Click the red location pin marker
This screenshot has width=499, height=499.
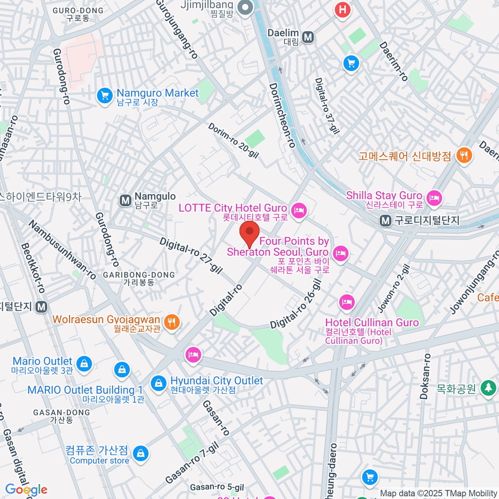(249, 233)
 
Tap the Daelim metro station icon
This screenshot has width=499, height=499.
(308, 37)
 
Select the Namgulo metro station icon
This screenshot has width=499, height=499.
(125, 200)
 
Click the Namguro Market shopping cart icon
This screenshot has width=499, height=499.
(104, 96)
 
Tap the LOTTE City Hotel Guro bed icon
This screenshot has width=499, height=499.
(299, 211)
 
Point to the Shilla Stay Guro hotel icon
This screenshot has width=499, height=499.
(434, 198)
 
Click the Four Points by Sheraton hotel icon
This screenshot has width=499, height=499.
(341, 253)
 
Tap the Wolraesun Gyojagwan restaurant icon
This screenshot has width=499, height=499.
(171, 322)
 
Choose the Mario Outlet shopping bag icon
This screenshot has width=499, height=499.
(84, 363)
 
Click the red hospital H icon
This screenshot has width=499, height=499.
(342, 10)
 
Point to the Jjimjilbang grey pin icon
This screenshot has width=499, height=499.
(245, 7)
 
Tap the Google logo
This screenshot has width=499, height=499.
(26, 489)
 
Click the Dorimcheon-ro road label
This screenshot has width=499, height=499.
(282, 115)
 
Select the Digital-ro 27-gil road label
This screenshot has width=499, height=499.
(191, 255)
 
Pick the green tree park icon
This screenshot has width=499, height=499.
(488, 388)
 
